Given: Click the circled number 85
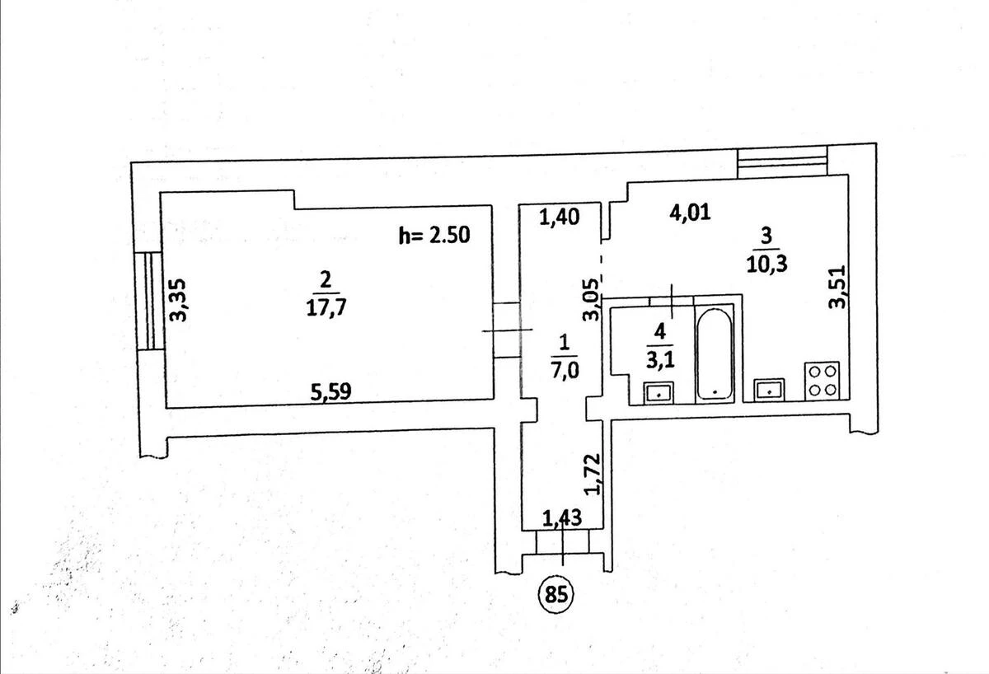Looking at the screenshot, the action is pos(555,595).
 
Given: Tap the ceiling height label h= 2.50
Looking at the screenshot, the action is pos(434,236).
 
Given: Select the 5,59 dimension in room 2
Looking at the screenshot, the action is pos(330,391).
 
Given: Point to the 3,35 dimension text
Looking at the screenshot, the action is pos(180,300).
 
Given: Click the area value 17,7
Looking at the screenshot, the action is pos(326,307).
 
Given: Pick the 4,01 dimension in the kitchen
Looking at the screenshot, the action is pos(690,213).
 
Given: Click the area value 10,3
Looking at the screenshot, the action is pos(767,264).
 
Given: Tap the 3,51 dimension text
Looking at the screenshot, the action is pos(837,287).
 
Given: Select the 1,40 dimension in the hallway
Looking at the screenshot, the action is pos(560,218).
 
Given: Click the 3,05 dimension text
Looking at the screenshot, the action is pos(591,300).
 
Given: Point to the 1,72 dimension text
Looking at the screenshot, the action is pos(592,474).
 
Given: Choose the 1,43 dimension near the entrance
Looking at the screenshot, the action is pos(561,518).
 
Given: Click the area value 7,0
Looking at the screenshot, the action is pos(564,371).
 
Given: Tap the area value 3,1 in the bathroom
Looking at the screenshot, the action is pos(660,360).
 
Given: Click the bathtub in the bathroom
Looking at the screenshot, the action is pos(715,354).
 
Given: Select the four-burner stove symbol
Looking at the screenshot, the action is pos(823,381).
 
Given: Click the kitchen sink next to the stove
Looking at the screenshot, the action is pos(769,390).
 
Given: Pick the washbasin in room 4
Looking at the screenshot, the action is pos(659,392).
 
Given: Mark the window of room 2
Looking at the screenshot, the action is pos(148,301).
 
